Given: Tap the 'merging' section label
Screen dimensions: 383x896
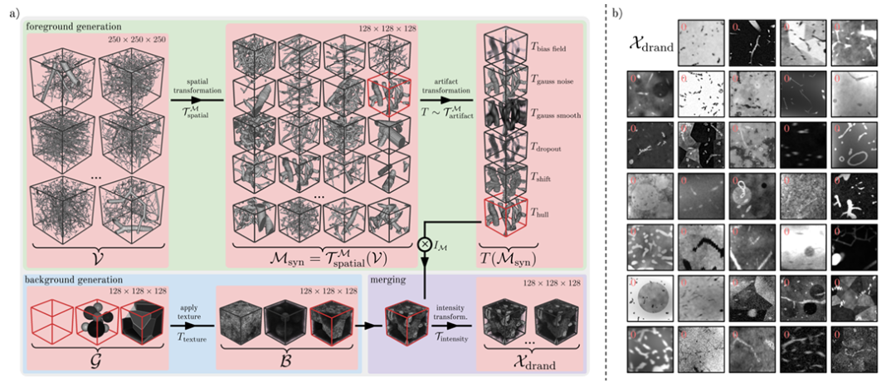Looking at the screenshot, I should pos(389,282).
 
